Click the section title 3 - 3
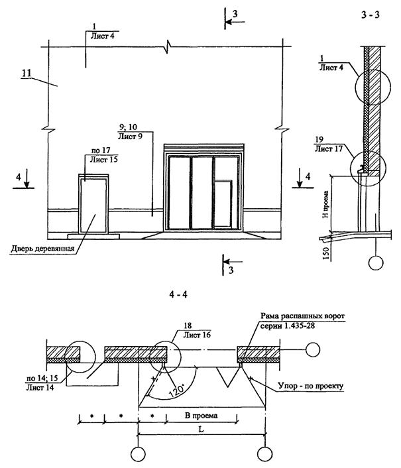[x=371, y=15]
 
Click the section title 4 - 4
[x=178, y=294]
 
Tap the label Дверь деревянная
[x=42, y=249]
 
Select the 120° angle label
[x=176, y=390]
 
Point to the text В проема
[x=201, y=415]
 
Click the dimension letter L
[x=201, y=429]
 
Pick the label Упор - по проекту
[x=311, y=386]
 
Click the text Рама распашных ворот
[x=302, y=316]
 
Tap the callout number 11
[x=27, y=73]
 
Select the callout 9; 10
[x=128, y=127]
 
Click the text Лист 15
[x=104, y=159]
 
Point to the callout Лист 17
[x=329, y=148]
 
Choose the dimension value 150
[x=326, y=253]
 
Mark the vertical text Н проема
[x=325, y=204]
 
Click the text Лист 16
[x=197, y=335]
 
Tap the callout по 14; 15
[x=42, y=379]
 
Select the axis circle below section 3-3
[x=376, y=263]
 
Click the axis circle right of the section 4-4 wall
[x=313, y=349]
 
